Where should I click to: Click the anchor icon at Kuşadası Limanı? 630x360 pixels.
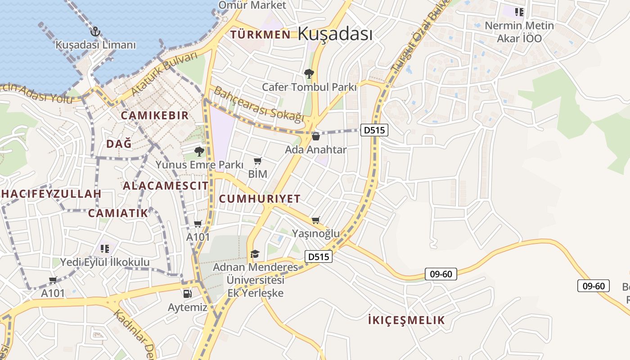[95, 31]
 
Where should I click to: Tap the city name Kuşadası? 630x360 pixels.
[335, 34]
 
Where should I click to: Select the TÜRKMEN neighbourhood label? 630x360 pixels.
[260, 35]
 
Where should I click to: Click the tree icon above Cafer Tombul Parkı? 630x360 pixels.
[309, 73]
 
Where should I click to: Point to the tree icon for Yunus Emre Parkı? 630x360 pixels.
[199, 151]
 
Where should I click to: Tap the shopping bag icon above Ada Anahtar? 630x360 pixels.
[316, 136]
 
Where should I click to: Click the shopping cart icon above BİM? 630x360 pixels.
[258, 161]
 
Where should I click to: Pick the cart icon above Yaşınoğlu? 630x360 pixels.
[316, 220]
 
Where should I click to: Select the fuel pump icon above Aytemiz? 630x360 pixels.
[187, 294]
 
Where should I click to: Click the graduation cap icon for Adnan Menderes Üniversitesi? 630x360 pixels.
[255, 254]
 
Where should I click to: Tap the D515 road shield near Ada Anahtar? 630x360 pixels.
[374, 130]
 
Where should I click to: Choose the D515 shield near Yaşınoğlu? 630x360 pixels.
[319, 257]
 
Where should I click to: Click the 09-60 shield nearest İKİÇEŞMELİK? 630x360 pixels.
[441, 274]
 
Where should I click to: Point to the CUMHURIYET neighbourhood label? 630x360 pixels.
[260, 199]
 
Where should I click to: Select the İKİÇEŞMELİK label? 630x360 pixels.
[406, 320]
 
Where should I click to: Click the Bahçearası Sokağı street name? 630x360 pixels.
[259, 104]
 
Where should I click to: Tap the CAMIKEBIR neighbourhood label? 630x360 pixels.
[155, 115]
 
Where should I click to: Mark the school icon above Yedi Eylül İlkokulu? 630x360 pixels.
[105, 248]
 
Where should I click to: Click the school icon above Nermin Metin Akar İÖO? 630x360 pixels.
[520, 12]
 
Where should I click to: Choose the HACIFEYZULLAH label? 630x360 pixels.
[51, 194]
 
